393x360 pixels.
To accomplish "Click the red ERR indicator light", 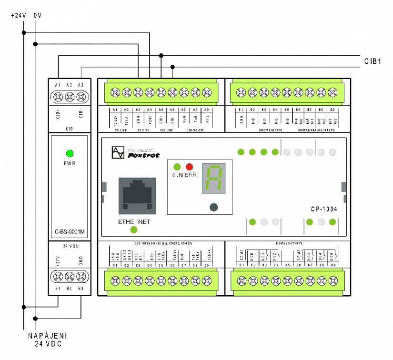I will [189, 167].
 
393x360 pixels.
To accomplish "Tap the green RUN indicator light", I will [177, 167].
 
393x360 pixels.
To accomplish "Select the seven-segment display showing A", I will [214, 179].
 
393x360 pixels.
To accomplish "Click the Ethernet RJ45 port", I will [137, 196].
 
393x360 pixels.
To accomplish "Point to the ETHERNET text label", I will [134, 222].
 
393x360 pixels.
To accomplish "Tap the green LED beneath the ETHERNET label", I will [134, 230].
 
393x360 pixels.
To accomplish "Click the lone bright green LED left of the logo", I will [70, 153].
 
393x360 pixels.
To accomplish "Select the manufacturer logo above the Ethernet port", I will [136, 152].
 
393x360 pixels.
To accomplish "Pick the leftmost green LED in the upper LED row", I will [241, 152].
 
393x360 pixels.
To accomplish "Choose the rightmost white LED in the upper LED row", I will [333, 152].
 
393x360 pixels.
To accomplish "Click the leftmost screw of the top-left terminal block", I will [115, 92].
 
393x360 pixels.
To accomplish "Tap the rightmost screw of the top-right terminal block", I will [333, 92].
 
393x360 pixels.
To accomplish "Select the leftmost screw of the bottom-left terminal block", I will [115, 281].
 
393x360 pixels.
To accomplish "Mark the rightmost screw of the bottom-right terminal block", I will [333, 281].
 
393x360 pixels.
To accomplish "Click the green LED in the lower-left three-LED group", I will [252, 222].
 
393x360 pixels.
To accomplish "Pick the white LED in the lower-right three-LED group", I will [321, 222].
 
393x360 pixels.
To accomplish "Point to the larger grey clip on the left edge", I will [104, 187].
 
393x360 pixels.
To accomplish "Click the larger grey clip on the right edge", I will [343, 187].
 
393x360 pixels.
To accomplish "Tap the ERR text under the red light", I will [191, 175].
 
